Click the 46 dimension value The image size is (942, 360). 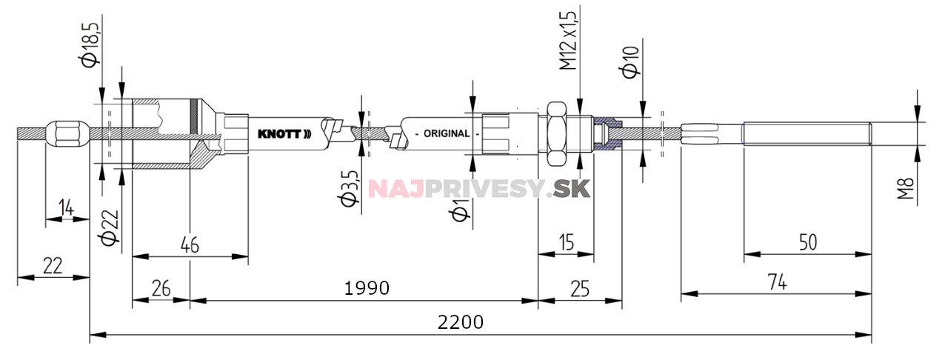pyautogui.click(x=190, y=245)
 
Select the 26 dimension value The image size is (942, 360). pyautogui.click(x=160, y=289)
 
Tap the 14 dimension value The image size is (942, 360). pyautogui.click(x=67, y=208)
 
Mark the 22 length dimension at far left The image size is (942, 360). pyautogui.click(x=52, y=266)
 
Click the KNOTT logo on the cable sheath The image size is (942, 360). pyautogui.click(x=284, y=134)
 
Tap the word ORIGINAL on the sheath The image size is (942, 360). pyautogui.click(x=446, y=134)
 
